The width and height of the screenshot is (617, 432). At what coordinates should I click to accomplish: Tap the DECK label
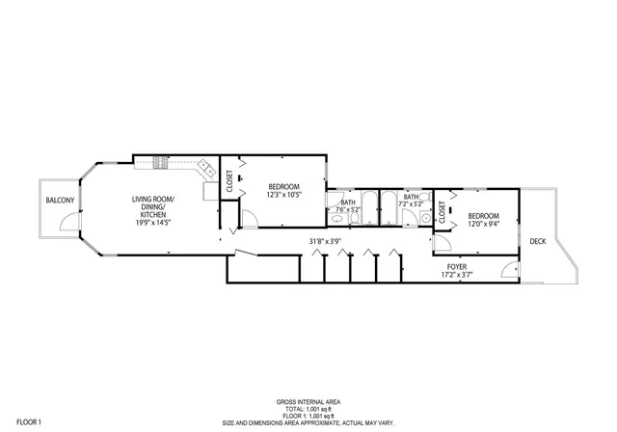[537, 241]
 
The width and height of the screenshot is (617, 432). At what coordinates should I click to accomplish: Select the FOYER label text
[457, 265]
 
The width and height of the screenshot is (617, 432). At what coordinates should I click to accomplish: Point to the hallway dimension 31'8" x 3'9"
[325, 241]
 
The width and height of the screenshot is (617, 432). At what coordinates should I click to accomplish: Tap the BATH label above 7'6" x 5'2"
[347, 202]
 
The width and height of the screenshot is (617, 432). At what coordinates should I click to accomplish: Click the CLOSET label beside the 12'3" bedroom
[229, 182]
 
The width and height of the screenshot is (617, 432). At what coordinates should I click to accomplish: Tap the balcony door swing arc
[67, 223]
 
